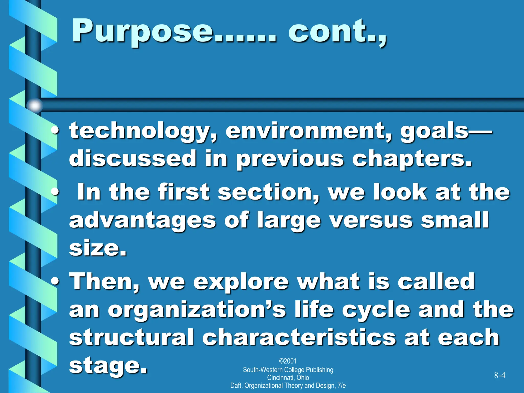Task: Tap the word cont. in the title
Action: (335, 31)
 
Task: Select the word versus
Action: (371, 220)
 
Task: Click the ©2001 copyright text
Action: (288, 361)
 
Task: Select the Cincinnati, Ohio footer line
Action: (288, 378)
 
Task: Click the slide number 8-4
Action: (499, 375)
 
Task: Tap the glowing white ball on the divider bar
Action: (35, 105)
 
